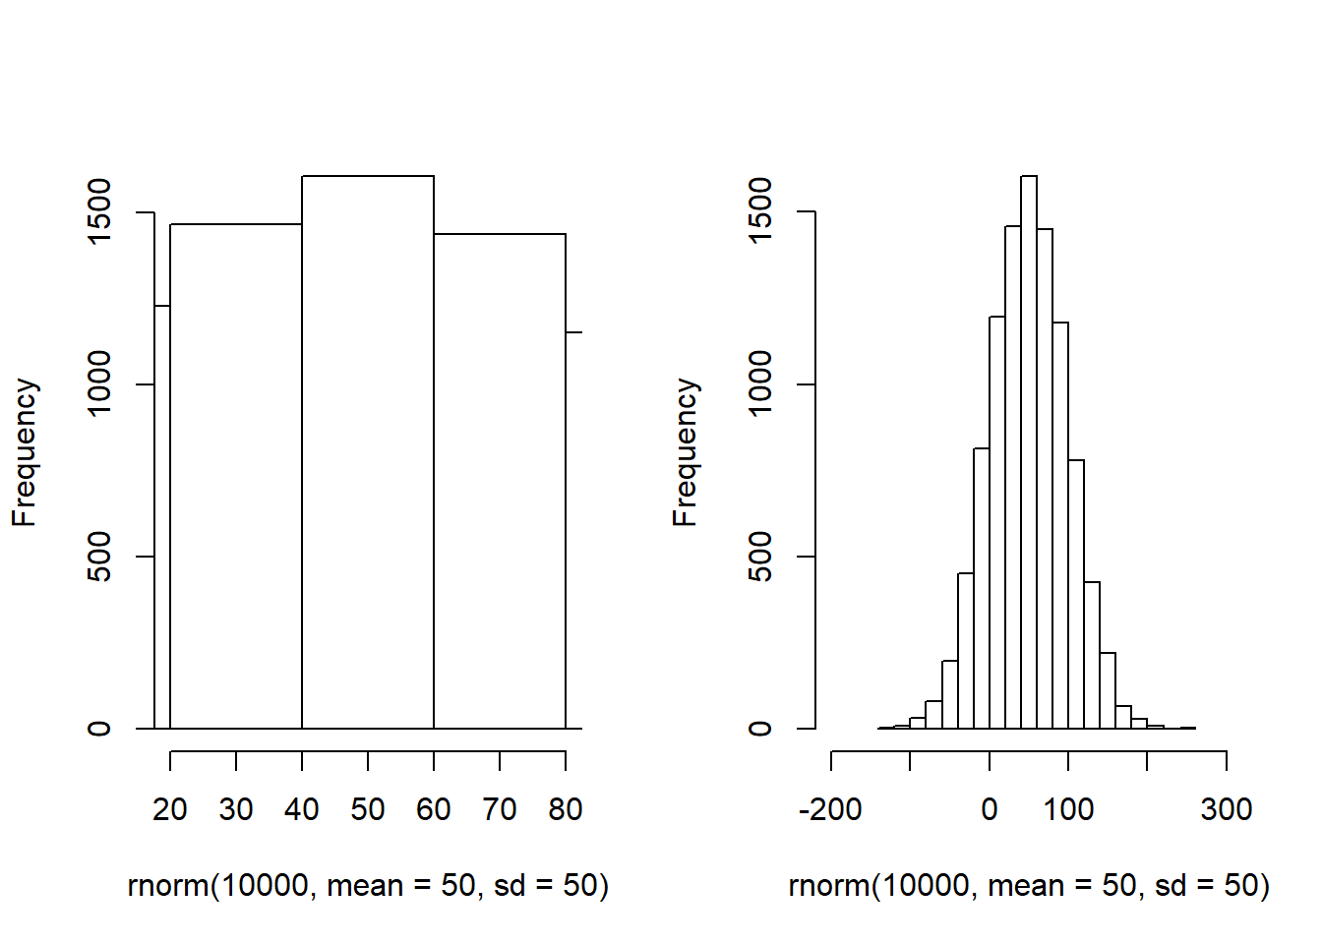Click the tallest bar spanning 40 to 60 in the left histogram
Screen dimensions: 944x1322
coord(368,452)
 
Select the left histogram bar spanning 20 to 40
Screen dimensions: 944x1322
coord(236,477)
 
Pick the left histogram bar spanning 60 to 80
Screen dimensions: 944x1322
coord(500,482)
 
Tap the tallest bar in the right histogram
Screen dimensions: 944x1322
coord(1029,452)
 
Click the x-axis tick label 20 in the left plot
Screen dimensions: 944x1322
coord(170,809)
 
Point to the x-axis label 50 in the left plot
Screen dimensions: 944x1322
coord(368,809)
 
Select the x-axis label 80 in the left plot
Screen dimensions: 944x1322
coord(566,809)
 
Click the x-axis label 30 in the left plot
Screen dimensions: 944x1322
coord(236,809)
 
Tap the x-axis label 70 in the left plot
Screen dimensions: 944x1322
coord(500,809)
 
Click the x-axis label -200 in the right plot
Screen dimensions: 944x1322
coord(831,809)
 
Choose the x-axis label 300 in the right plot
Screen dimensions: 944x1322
coord(1227,809)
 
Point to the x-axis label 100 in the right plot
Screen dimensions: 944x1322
coord(1068,809)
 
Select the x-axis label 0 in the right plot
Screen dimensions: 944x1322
coord(990,809)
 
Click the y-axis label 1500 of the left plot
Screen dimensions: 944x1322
coord(99,211)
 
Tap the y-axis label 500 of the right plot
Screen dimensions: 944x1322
coord(760,557)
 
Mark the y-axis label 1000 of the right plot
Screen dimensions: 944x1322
coord(760,383)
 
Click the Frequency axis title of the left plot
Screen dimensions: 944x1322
coord(25,452)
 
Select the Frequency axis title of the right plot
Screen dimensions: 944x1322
coord(686,452)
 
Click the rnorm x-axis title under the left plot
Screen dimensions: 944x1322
coord(368,886)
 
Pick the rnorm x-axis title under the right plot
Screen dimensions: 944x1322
coord(1029,886)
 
